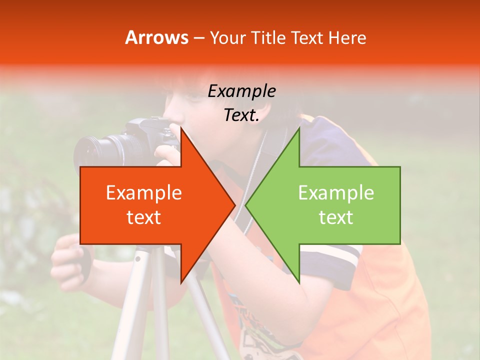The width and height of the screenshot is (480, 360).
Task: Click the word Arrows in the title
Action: click(156, 37)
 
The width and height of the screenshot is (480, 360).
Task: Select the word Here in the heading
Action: click(347, 37)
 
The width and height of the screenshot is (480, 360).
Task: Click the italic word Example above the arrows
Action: click(241, 91)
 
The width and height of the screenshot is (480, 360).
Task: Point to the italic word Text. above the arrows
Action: click(241, 115)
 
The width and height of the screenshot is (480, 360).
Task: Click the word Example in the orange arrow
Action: click(144, 193)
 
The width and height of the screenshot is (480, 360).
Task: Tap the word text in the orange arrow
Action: click(144, 217)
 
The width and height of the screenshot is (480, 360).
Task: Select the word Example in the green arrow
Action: click(336, 193)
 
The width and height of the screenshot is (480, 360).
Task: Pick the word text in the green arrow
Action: click(336, 217)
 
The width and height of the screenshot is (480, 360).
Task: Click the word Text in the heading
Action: click(307, 37)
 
